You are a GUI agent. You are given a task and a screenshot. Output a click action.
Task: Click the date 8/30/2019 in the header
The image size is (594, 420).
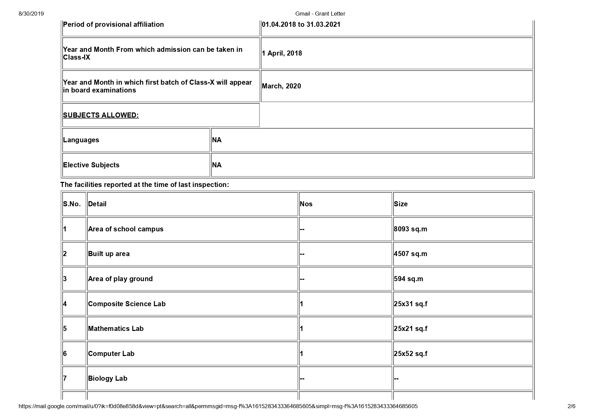point(31,14)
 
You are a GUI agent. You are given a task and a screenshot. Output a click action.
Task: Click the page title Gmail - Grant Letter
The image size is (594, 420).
point(320,14)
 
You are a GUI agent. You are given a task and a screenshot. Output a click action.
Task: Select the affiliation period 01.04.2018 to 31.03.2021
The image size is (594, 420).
point(301,25)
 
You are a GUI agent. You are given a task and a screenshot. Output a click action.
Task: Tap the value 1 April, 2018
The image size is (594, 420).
point(282,54)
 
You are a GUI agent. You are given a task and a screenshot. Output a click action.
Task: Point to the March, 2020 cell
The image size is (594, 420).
point(281,86)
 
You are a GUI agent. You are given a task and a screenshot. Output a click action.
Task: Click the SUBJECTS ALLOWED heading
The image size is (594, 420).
point(101,115)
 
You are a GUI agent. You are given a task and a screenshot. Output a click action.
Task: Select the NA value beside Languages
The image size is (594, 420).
point(217,140)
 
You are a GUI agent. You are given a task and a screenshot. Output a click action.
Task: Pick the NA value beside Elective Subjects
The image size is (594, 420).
point(217,165)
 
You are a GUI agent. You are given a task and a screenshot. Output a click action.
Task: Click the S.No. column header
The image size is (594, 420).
point(72,204)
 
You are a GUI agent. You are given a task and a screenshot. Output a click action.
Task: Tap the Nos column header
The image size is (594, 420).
point(306,204)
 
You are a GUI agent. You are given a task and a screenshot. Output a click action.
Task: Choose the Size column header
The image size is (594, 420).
point(401,204)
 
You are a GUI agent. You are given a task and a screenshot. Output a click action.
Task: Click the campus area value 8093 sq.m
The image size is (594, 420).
point(410,229)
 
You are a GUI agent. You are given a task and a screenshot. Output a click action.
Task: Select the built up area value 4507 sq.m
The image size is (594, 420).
point(410,254)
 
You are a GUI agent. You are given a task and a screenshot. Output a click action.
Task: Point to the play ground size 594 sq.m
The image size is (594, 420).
point(408,279)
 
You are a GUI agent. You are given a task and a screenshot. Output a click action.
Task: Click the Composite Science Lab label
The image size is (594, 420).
point(127,304)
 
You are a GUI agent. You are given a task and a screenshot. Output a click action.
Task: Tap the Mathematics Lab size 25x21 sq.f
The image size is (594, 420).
point(410,329)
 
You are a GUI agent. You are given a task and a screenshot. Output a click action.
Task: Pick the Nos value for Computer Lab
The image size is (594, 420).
point(302,354)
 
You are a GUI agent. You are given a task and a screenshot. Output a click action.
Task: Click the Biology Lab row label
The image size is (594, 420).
point(108,379)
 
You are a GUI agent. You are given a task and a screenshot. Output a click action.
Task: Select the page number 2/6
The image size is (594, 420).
point(571,406)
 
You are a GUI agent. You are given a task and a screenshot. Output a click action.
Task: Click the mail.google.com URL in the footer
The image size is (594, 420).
point(218,406)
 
